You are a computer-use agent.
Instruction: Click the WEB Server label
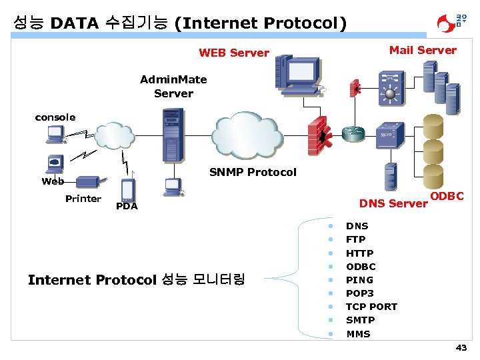click(234, 53)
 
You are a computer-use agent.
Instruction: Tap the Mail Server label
click(423, 50)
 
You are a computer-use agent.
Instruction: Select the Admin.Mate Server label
click(173, 87)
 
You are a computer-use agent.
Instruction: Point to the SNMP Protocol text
click(253, 172)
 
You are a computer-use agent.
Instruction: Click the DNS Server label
click(393, 203)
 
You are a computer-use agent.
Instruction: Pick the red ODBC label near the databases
click(447, 196)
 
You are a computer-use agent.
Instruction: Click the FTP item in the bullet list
click(355, 239)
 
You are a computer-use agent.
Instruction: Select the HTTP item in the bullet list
click(359, 253)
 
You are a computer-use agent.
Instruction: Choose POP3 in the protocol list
click(359, 293)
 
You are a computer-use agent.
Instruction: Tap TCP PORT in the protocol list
click(371, 307)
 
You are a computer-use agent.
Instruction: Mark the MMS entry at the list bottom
click(358, 334)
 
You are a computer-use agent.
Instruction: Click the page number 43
click(461, 348)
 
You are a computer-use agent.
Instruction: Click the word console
click(55, 117)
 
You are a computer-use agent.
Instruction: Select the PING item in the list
click(359, 280)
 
